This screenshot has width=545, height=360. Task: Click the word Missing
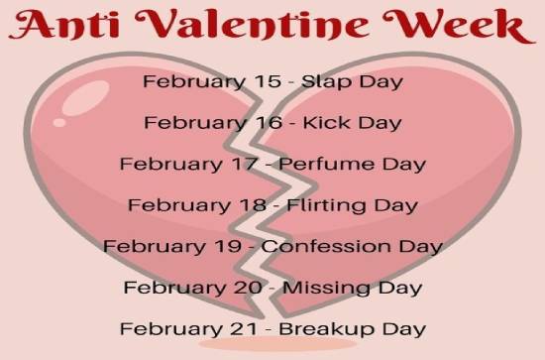coord(322,288)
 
